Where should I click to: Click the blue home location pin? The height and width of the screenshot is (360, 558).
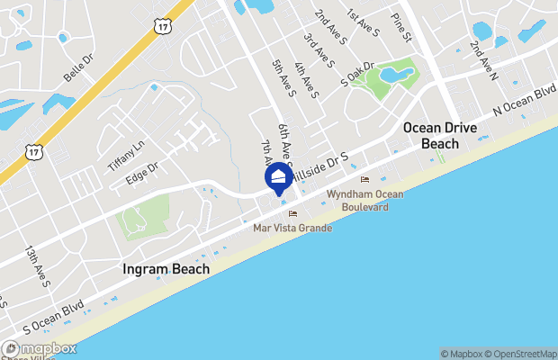coord(279,177)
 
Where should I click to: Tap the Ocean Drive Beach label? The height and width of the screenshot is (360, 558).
coord(439,135)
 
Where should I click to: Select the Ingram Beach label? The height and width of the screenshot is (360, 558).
coord(166,269)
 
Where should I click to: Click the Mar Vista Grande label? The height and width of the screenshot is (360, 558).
coord(292,229)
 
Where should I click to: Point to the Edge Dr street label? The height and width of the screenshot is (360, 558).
coord(141,171)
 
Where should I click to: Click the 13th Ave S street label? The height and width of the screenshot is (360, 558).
coord(38,266)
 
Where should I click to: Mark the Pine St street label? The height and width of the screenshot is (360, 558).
coord(400,28)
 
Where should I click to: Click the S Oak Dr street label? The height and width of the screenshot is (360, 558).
coord(356,75)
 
